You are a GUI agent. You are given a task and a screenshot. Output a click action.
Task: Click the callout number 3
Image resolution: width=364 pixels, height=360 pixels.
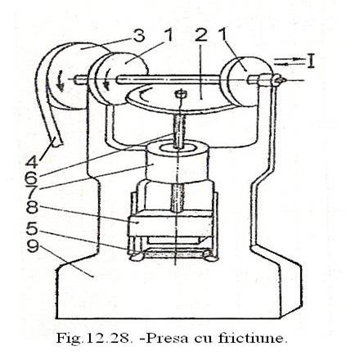click(x=139, y=36)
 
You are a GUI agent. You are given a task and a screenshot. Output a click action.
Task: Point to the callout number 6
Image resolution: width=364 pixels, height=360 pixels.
click(x=32, y=178)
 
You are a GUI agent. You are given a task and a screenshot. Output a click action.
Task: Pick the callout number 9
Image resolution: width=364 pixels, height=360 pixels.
click(x=33, y=248)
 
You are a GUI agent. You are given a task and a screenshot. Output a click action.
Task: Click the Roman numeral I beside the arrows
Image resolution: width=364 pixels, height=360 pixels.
click(x=310, y=61)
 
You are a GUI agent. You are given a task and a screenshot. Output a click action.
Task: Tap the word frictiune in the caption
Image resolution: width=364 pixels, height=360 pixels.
click(x=253, y=338)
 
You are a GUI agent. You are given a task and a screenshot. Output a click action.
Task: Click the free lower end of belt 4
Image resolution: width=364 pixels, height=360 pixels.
click(x=56, y=142)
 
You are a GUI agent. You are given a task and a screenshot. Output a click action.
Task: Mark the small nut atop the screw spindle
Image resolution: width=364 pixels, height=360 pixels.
click(x=180, y=93)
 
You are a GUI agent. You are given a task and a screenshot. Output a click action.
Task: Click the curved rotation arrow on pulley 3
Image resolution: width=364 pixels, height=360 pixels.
click(x=61, y=81)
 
